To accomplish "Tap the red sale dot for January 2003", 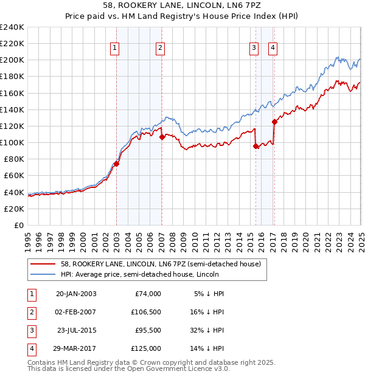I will (116, 164).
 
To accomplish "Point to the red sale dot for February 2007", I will (162, 137).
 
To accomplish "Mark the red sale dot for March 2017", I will (274, 122).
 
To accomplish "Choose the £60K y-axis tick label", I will (14, 176).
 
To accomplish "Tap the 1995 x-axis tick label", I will (27, 238).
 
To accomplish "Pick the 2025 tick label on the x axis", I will (361, 238).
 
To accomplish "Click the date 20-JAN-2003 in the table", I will (75, 294).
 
